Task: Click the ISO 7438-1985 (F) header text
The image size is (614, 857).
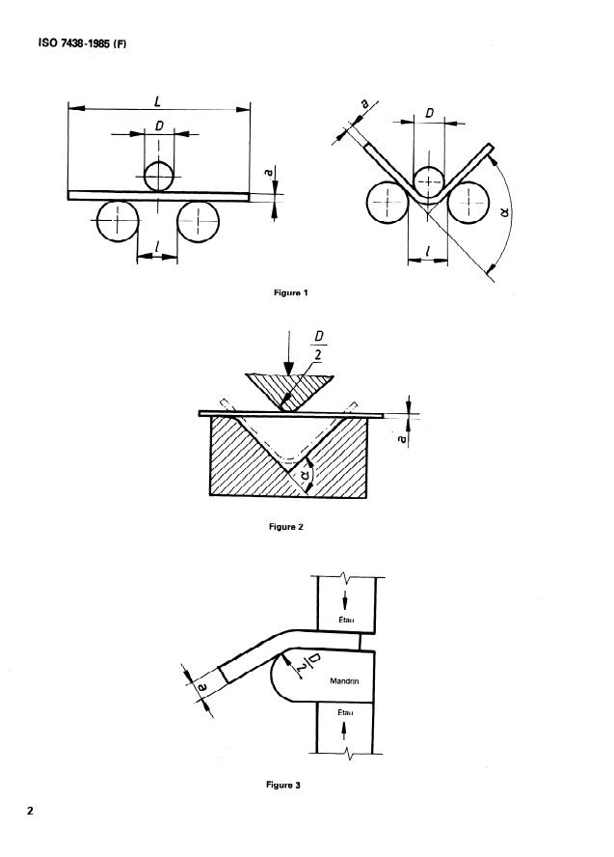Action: (x=82, y=43)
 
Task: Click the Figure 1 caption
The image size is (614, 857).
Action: (x=291, y=293)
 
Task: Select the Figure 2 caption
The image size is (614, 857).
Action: (x=286, y=527)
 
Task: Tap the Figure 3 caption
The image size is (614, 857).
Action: (x=283, y=785)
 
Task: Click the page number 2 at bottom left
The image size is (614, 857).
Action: (x=30, y=811)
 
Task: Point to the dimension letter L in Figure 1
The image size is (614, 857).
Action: (x=158, y=101)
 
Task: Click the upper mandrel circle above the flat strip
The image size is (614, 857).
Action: (x=159, y=176)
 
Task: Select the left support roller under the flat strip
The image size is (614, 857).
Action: (x=118, y=221)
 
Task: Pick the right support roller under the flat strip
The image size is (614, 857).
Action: (x=199, y=221)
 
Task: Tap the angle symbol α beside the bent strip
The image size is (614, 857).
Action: (x=505, y=210)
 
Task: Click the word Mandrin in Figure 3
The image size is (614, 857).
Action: (x=344, y=681)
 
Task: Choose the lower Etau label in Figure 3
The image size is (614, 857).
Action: (x=345, y=712)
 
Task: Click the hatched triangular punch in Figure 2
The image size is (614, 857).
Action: (x=289, y=389)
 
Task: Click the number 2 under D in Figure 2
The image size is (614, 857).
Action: (x=318, y=355)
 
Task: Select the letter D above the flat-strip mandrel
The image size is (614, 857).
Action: (x=159, y=126)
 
